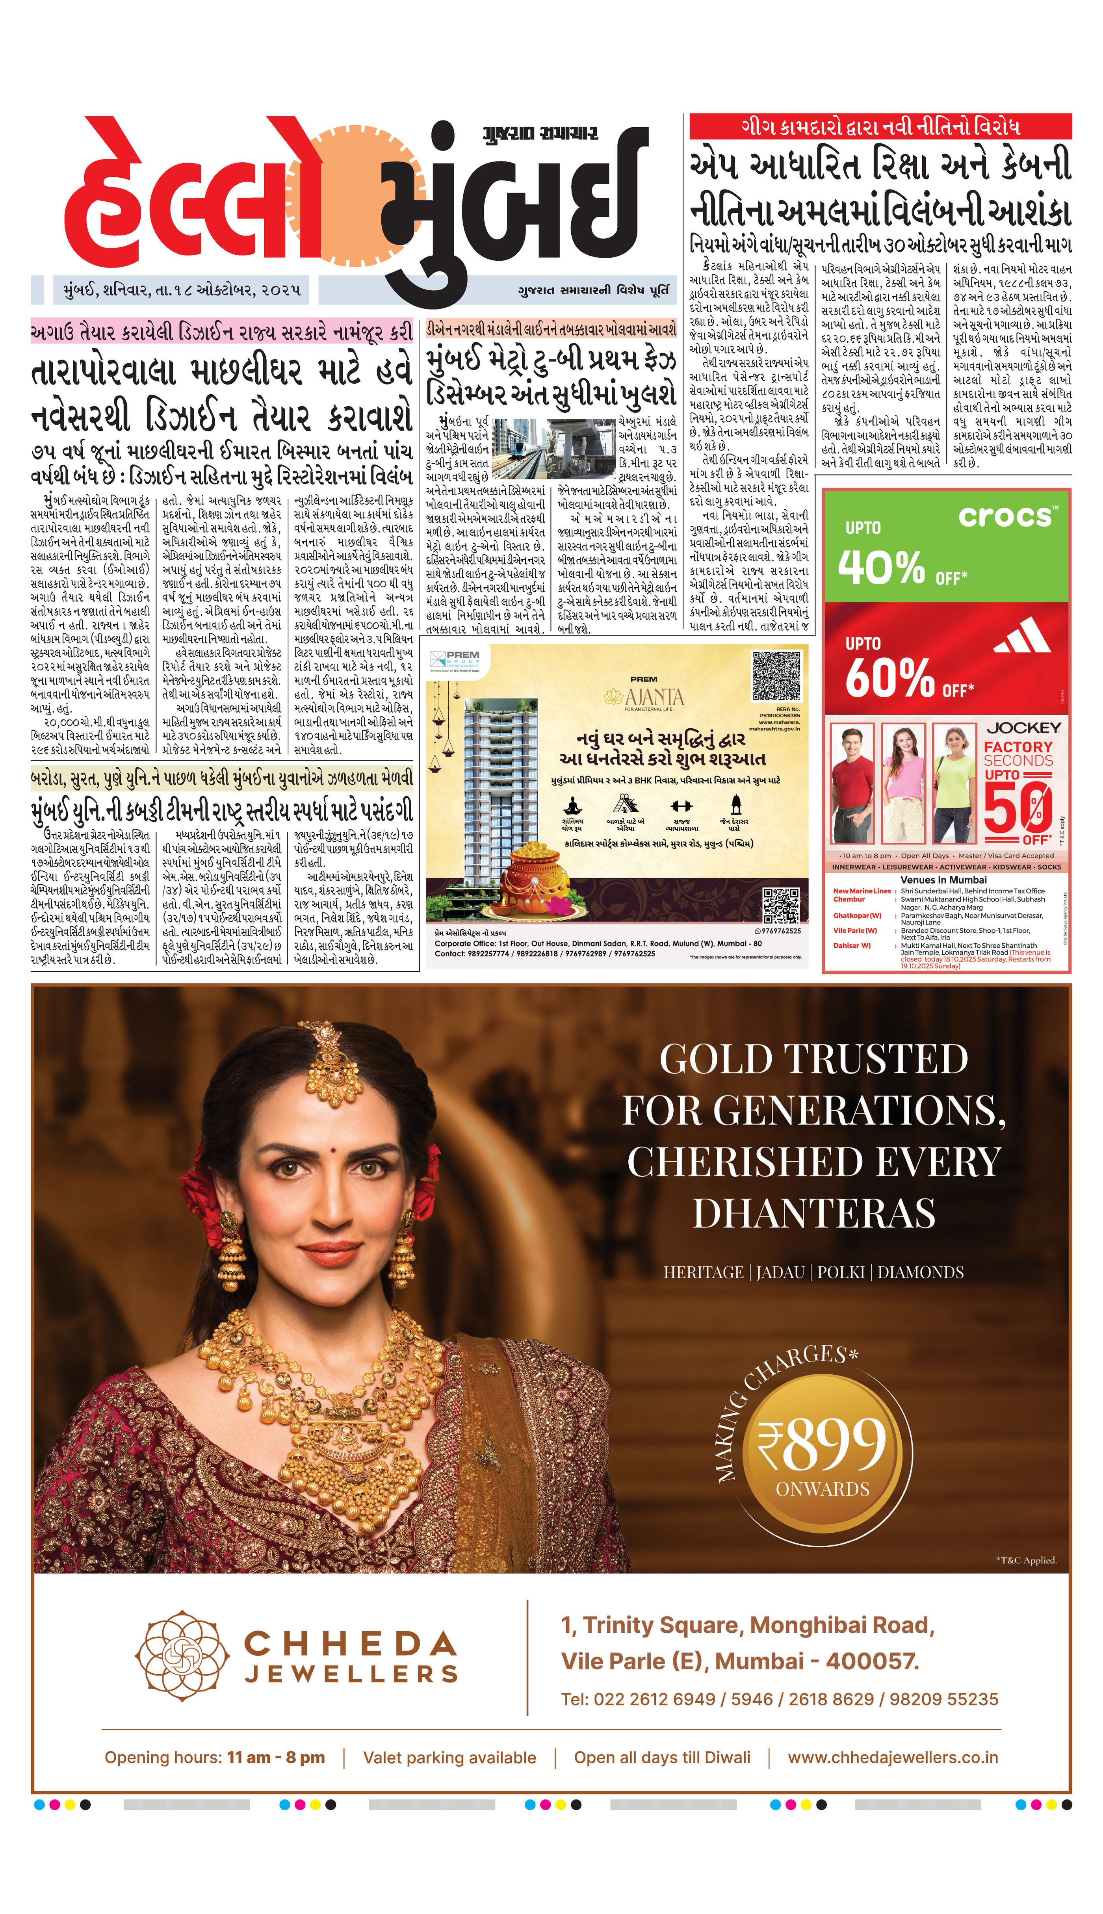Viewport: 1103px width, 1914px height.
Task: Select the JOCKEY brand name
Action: coord(1023,727)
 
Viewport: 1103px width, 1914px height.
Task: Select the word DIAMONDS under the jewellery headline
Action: coord(921,1272)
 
